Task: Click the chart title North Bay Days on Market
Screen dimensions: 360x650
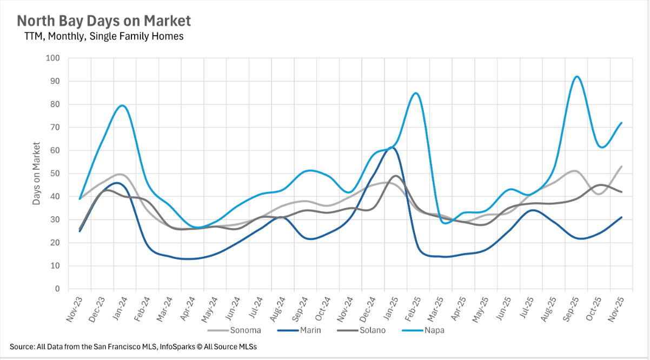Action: [x=104, y=21]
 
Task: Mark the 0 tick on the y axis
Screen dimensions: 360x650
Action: [x=57, y=289]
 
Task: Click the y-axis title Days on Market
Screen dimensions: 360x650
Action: [x=36, y=174]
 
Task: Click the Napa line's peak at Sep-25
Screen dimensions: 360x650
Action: [x=577, y=76]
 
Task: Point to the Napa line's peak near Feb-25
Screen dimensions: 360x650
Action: [x=415, y=93]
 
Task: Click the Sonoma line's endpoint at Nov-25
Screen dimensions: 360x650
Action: [x=622, y=166]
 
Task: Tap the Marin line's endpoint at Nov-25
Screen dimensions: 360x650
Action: [x=622, y=217]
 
